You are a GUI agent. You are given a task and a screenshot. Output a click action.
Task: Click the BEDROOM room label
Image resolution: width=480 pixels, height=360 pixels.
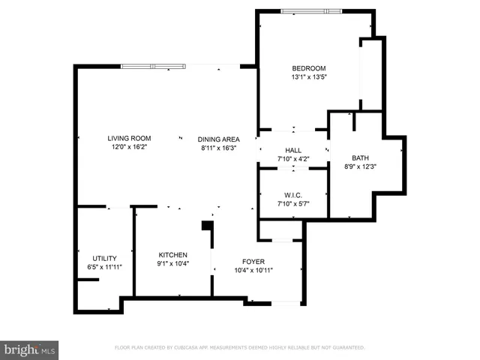pyautogui.click(x=308, y=68)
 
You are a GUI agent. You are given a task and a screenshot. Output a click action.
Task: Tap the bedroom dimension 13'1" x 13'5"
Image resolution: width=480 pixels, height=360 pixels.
pyautogui.click(x=308, y=76)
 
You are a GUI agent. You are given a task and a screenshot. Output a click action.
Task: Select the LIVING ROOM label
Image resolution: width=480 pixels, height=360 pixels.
pyautogui.click(x=129, y=138)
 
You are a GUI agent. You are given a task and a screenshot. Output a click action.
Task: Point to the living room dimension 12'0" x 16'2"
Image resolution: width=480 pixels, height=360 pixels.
pyautogui.click(x=129, y=147)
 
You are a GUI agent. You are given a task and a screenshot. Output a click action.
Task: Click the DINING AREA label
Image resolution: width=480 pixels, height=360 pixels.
pyautogui.click(x=218, y=139)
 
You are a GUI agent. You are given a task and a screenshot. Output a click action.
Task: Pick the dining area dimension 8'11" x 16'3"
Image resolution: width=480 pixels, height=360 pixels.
pyautogui.click(x=218, y=148)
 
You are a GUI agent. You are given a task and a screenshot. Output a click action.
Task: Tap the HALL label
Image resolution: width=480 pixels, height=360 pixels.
pyautogui.click(x=293, y=150)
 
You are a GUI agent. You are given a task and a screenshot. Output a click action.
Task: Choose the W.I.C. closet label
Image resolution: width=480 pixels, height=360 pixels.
pyautogui.click(x=293, y=195)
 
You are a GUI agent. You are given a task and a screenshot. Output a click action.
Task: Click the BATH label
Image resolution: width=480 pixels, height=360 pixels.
pyautogui.click(x=361, y=157)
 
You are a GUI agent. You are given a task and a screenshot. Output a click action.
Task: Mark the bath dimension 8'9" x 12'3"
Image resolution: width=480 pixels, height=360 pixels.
pyautogui.click(x=361, y=166)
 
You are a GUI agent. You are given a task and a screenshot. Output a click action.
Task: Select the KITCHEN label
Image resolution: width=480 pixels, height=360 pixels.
pyautogui.click(x=172, y=255)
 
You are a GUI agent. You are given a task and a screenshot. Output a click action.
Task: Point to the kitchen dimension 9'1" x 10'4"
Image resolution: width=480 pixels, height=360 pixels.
pyautogui.click(x=172, y=264)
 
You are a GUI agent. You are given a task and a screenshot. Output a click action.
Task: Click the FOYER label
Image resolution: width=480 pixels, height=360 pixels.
pyautogui.click(x=253, y=261)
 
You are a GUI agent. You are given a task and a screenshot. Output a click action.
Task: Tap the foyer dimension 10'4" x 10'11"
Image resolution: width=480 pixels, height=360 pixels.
pyautogui.click(x=253, y=270)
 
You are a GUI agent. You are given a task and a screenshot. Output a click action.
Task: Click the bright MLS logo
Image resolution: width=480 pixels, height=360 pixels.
pyautogui.click(x=29, y=349)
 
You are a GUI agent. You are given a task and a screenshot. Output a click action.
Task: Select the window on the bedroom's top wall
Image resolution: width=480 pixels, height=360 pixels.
pyautogui.click(x=310, y=11)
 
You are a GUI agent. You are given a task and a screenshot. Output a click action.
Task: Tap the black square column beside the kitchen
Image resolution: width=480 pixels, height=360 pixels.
pyautogui.click(x=208, y=225)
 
